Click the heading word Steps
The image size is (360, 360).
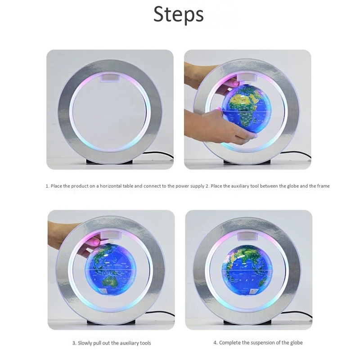[x=179, y=14]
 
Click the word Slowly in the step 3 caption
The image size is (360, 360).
[x=86, y=343]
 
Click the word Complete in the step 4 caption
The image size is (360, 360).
[x=229, y=343]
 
